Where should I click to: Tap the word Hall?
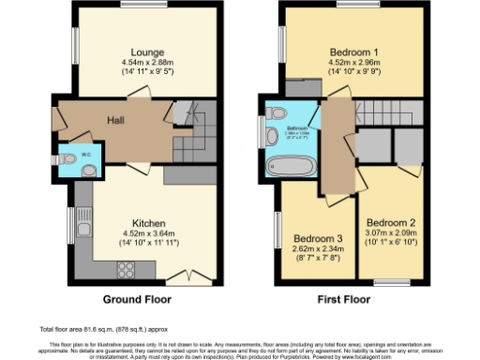[x=115, y=121]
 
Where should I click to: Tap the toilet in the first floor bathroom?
[x=274, y=113]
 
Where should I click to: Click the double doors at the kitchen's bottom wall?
[x=181, y=277]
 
